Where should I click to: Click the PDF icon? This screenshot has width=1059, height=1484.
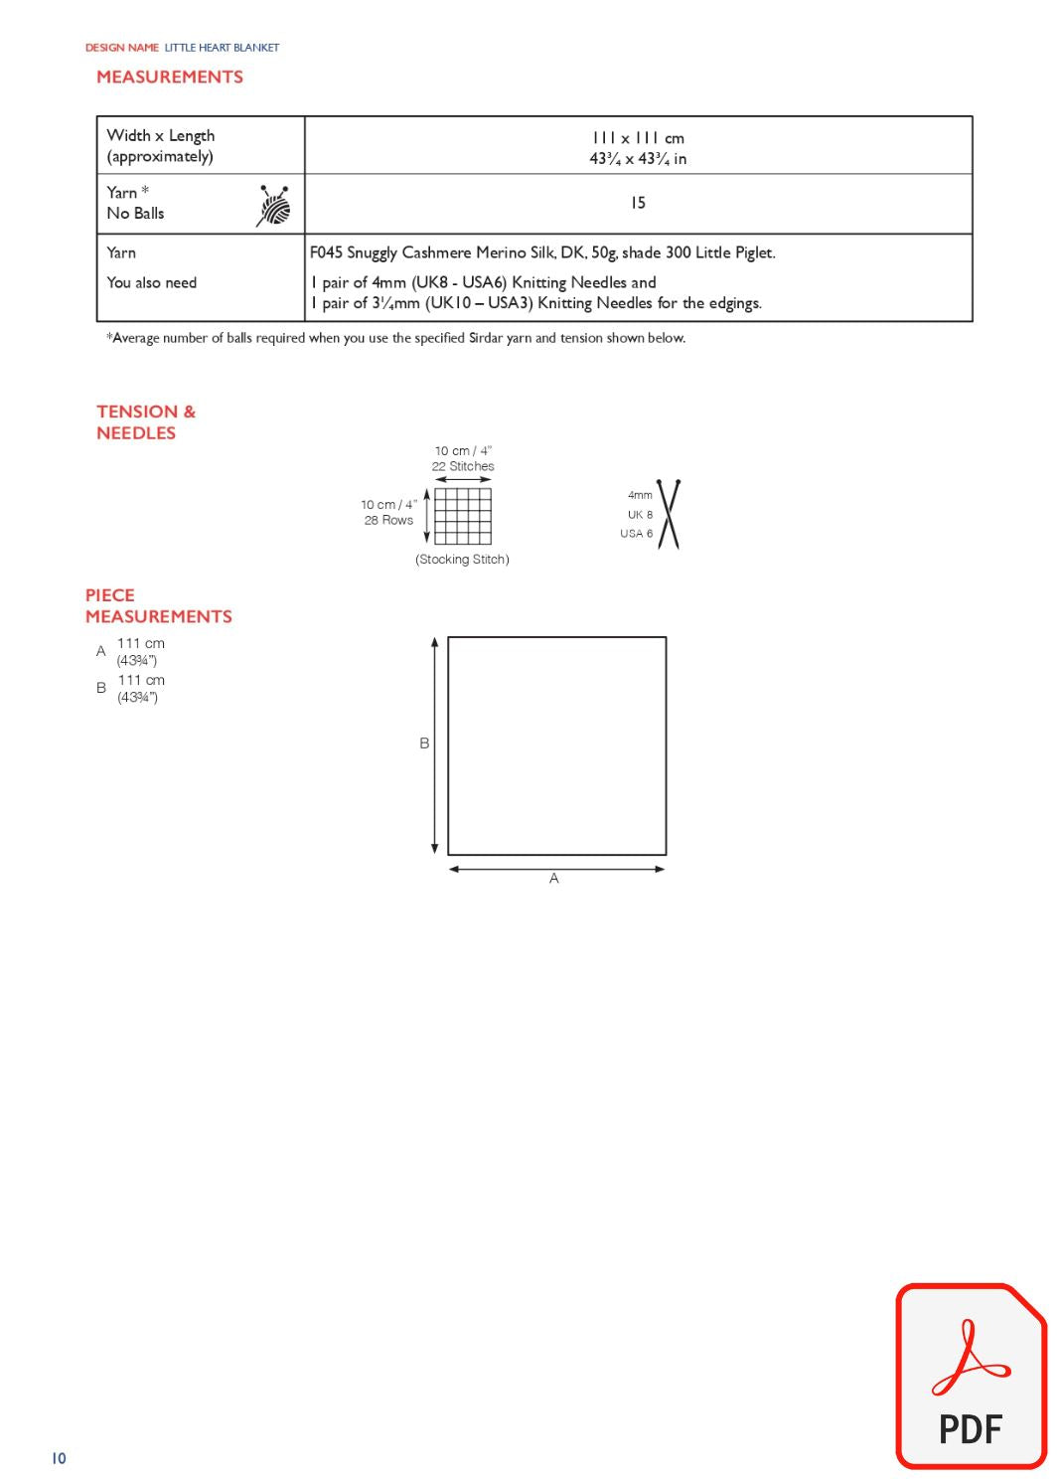tap(971, 1377)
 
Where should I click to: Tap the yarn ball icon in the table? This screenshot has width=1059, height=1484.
tap(274, 206)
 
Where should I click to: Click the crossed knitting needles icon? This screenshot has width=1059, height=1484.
tap(669, 514)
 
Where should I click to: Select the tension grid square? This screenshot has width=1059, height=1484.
tap(463, 516)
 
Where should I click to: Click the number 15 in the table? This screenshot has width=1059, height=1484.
tap(638, 203)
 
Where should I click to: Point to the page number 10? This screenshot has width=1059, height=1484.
tap(59, 1458)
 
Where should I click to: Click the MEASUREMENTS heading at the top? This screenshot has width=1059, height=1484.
tap(170, 78)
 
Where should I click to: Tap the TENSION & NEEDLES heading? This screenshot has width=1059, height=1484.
tap(145, 422)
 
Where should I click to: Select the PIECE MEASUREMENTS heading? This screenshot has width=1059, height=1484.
tap(158, 606)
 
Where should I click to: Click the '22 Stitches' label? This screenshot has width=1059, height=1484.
tap(463, 466)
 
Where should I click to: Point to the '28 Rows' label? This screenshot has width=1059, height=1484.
tap(388, 520)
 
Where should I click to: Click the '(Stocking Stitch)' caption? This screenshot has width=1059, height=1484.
tap(462, 560)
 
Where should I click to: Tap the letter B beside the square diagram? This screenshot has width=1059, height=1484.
tap(424, 743)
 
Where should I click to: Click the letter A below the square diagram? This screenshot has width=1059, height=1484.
tap(554, 879)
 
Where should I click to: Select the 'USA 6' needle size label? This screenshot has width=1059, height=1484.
tap(637, 534)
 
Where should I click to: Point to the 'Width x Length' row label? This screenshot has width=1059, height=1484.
tap(161, 136)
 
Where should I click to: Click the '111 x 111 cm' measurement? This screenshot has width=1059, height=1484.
tap(638, 138)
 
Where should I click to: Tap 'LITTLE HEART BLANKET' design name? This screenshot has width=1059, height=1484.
tap(222, 48)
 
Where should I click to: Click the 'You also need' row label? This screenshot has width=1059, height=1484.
tap(152, 282)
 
